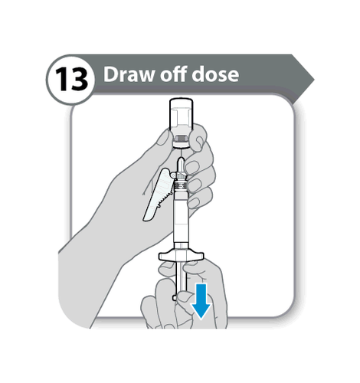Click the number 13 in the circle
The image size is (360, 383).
71,80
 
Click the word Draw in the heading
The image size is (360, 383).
129,74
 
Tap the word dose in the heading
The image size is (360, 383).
215,74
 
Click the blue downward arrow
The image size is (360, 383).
201,301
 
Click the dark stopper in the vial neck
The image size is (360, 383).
182,139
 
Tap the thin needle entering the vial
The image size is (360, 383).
181,152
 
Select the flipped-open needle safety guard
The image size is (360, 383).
158,195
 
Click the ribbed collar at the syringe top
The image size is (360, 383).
181,185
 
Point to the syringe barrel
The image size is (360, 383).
181,217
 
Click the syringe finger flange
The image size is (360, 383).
182,256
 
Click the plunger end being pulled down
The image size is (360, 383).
175,297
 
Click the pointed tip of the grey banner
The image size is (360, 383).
314,80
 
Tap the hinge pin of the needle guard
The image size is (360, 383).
174,175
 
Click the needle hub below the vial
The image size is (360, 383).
181,166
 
